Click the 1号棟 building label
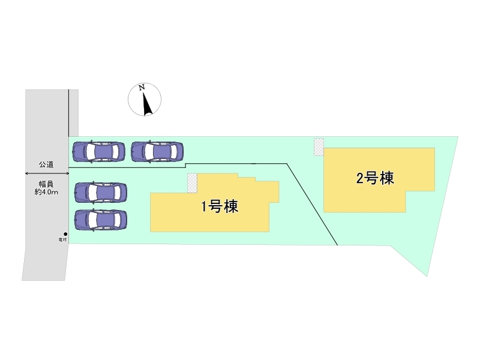220,208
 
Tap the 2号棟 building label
375,178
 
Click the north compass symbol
145,100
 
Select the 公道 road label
47,164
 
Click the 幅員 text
47,183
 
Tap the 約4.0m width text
47,192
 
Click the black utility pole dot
65,234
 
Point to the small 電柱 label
62,240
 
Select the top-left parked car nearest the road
98,152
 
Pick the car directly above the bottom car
101,193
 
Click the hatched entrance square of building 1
192,183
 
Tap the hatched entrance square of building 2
319,147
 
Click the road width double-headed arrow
47,173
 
